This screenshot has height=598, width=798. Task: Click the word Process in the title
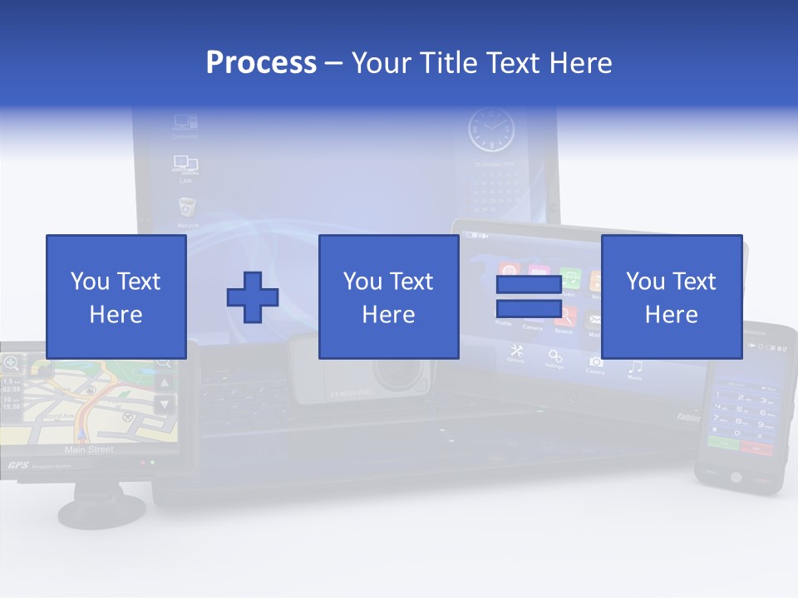(x=261, y=63)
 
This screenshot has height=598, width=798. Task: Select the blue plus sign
(x=253, y=297)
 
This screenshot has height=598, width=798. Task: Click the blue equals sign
(x=529, y=297)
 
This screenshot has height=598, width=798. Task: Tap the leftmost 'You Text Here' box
(x=116, y=297)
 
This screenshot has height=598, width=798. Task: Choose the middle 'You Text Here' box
(x=389, y=297)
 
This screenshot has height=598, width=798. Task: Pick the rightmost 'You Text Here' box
(x=672, y=297)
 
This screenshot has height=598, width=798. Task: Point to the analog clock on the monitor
(x=490, y=130)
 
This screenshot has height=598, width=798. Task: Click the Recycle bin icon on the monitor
(x=187, y=208)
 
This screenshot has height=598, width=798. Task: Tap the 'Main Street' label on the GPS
(x=89, y=449)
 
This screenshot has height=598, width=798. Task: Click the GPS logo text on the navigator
(x=18, y=466)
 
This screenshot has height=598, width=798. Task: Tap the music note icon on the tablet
(x=635, y=366)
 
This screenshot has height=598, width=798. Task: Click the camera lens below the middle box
(x=402, y=375)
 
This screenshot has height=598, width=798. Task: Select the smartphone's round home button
(x=735, y=477)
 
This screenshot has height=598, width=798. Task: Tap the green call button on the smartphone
(x=720, y=445)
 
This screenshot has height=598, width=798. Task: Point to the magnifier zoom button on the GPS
(x=12, y=362)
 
